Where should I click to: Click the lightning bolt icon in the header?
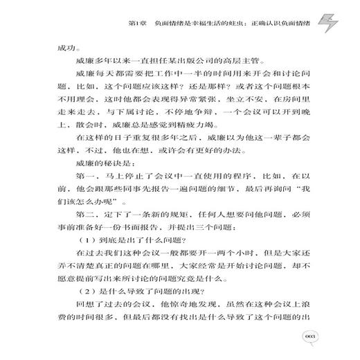(327, 26)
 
